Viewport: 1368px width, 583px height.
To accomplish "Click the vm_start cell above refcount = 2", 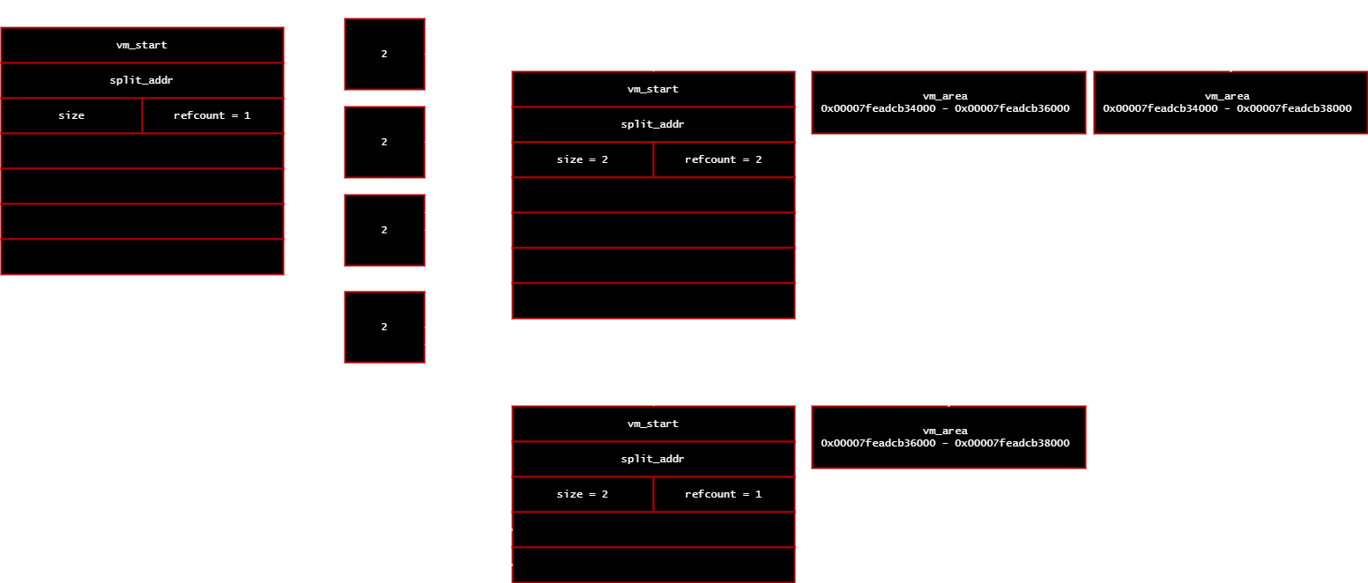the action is pos(653,89).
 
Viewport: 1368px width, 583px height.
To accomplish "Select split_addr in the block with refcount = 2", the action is pos(653,124).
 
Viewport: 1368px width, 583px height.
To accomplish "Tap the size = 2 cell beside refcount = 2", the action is pos(583,160).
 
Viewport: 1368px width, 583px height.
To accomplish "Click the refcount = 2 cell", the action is pos(725,160).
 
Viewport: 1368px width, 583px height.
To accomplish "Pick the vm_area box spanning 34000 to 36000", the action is pos(948,102).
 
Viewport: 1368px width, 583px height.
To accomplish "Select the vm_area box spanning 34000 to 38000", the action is pos(1230,102).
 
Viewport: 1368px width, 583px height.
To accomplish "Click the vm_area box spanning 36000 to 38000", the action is pos(948,437).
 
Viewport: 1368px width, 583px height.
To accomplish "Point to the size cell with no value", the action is pos(71,115).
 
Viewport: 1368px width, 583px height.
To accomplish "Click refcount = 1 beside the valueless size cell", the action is pos(213,115).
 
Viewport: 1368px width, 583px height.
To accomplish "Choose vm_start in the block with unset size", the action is pos(142,45).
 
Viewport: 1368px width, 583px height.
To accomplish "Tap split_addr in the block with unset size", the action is pos(142,81).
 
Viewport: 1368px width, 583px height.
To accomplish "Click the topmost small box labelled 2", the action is pos(384,55).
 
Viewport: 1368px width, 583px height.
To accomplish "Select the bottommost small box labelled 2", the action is pos(384,328).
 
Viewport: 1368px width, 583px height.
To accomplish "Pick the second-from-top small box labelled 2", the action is pos(384,143).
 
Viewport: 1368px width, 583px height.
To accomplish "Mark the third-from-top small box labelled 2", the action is pos(384,230).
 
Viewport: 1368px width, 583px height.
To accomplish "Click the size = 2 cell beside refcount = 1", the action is pos(583,494).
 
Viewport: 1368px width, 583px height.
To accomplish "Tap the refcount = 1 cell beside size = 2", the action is pos(725,494).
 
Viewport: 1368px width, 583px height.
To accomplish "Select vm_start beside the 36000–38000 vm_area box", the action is pos(653,424).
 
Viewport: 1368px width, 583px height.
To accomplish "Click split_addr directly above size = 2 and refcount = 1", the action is pos(653,459).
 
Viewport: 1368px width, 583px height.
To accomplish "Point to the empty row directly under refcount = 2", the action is pos(653,196).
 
